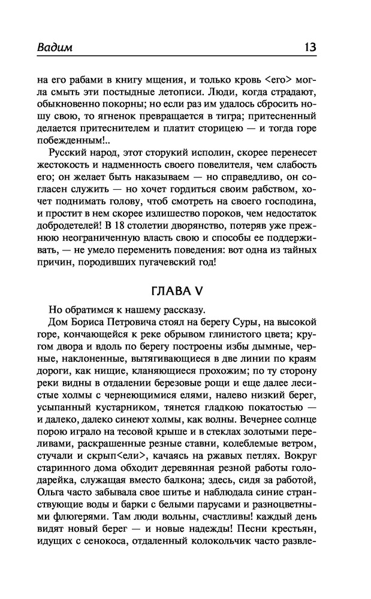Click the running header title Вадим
pos(55,47)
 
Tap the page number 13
pos(310,47)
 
